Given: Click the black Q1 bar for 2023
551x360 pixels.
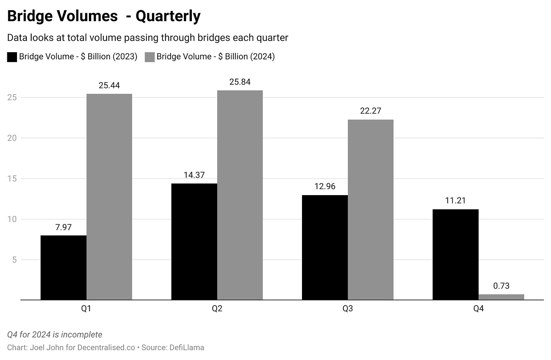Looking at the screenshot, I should click(x=64, y=268).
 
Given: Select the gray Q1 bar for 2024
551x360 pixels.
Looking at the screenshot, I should click(x=109, y=197).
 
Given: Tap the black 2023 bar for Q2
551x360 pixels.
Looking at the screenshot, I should click(x=194, y=242).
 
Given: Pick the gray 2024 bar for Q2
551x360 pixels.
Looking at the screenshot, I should click(x=240, y=195).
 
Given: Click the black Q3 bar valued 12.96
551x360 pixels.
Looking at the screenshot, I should click(x=325, y=247).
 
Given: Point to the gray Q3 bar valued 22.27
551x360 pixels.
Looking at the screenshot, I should click(x=370, y=210).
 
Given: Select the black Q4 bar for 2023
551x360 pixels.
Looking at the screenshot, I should click(x=455, y=254).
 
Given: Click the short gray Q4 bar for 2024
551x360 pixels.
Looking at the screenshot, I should click(x=501, y=297).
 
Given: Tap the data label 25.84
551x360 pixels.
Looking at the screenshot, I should click(x=240, y=82).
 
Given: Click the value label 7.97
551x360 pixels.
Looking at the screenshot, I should click(x=64, y=227).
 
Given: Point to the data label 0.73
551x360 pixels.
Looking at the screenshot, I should click(x=501, y=286).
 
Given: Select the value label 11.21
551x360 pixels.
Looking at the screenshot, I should click(x=455, y=200).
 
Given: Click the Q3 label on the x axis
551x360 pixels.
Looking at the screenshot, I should click(x=347, y=309).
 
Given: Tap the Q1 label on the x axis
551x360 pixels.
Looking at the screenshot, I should click(x=86, y=309).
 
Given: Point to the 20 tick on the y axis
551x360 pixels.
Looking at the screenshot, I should click(x=12, y=138).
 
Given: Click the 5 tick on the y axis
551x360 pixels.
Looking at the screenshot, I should click(x=14, y=260).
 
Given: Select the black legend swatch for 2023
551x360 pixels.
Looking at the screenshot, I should click(x=12, y=57).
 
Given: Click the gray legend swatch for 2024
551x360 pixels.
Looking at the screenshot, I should click(x=150, y=57).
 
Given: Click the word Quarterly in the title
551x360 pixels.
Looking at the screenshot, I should click(x=168, y=16).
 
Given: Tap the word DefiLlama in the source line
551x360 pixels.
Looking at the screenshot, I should click(x=187, y=348).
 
